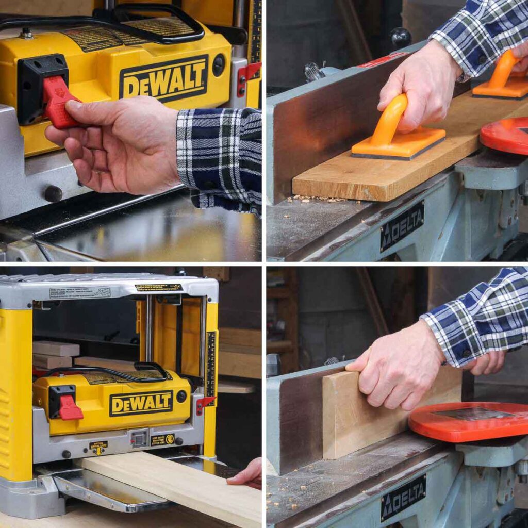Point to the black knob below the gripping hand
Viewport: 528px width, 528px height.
53,193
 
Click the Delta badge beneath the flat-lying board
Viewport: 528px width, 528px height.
402,225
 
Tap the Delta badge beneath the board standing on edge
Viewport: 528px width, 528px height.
403,497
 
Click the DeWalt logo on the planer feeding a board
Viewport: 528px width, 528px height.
141,403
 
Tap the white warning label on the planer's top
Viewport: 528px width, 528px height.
80,292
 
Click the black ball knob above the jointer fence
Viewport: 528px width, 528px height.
401,37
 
